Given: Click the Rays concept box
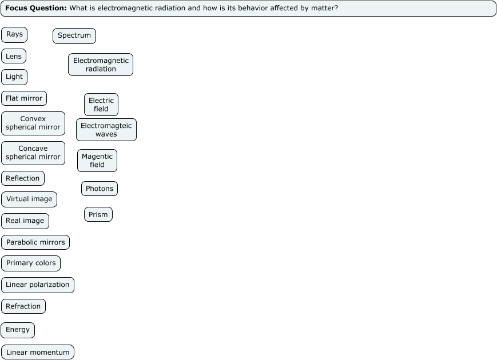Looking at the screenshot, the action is (14, 35).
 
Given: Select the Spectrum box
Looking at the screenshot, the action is (74, 36).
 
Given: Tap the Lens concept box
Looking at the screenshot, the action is (14, 56).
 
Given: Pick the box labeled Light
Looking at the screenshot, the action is (14, 77).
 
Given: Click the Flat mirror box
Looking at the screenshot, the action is (24, 98).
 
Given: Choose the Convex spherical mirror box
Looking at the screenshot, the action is (33, 123).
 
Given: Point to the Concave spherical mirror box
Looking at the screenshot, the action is (33, 153).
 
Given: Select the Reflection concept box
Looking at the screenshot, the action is (23, 178).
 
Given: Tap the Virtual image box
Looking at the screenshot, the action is (29, 199).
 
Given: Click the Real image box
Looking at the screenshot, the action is (25, 221).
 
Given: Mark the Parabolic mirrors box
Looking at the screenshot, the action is (35, 242).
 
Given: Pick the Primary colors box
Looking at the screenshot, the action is (31, 263).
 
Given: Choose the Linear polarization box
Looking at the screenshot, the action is (38, 285).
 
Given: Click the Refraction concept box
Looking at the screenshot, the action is (23, 307).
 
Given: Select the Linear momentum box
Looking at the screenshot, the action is (38, 353).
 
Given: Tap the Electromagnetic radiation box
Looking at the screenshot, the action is (101, 65).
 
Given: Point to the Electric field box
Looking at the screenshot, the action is (101, 105).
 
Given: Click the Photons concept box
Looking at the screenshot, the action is (100, 189).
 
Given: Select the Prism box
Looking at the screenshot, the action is (98, 215).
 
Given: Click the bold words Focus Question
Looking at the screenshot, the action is (36, 9).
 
